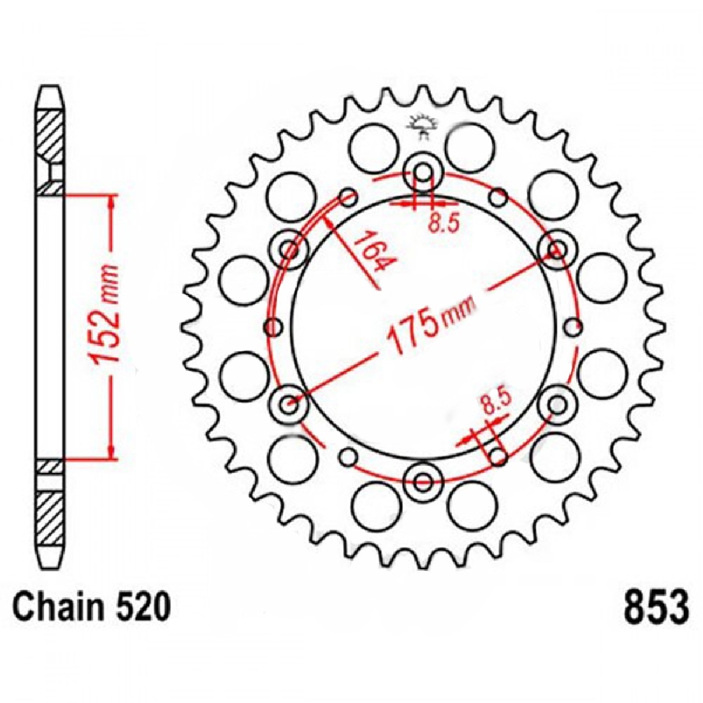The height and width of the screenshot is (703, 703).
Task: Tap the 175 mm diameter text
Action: click(428, 325)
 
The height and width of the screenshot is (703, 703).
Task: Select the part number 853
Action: click(653, 608)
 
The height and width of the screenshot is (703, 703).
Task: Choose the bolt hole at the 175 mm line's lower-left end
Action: click(289, 404)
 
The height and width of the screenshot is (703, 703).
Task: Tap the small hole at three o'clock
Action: click(574, 326)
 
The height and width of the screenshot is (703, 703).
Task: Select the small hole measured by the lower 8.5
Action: click(498, 457)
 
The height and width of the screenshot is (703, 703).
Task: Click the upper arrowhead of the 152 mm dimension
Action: click(110, 203)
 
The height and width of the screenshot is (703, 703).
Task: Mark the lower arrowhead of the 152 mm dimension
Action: click(110, 450)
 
